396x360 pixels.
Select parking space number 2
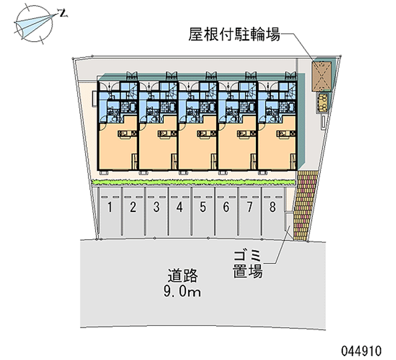point(133,207)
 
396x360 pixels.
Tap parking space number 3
point(156,207)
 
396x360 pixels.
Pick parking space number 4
point(180,207)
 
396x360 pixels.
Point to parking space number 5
point(203,207)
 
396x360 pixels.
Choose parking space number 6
point(226,207)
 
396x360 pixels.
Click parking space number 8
point(273,207)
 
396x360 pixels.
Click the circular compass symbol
point(32,23)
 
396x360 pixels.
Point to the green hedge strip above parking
point(193,182)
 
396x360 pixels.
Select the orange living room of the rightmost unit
point(277,146)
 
